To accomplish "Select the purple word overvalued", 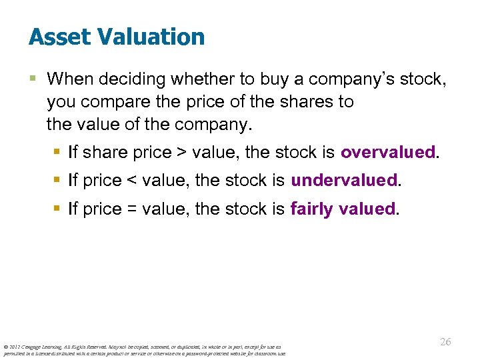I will pyautogui.click(x=389, y=152).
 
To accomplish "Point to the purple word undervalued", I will pyautogui.click(x=344, y=181).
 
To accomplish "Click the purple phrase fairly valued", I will pyautogui.click(x=343, y=209).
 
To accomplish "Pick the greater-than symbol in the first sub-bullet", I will pyautogui.click(x=181, y=153).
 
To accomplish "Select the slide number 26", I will pyautogui.click(x=445, y=341).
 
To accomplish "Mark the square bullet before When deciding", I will pyautogui.click(x=33, y=79).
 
